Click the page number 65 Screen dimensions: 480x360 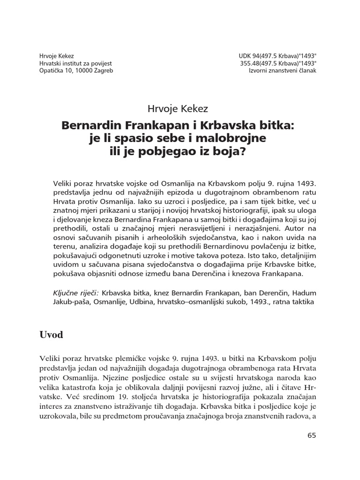[312, 435]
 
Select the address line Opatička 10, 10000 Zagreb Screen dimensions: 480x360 [76, 70]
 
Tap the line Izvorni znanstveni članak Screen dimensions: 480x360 [283, 70]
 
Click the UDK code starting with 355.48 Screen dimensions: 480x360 [279, 62]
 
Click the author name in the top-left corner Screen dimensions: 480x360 [57, 54]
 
